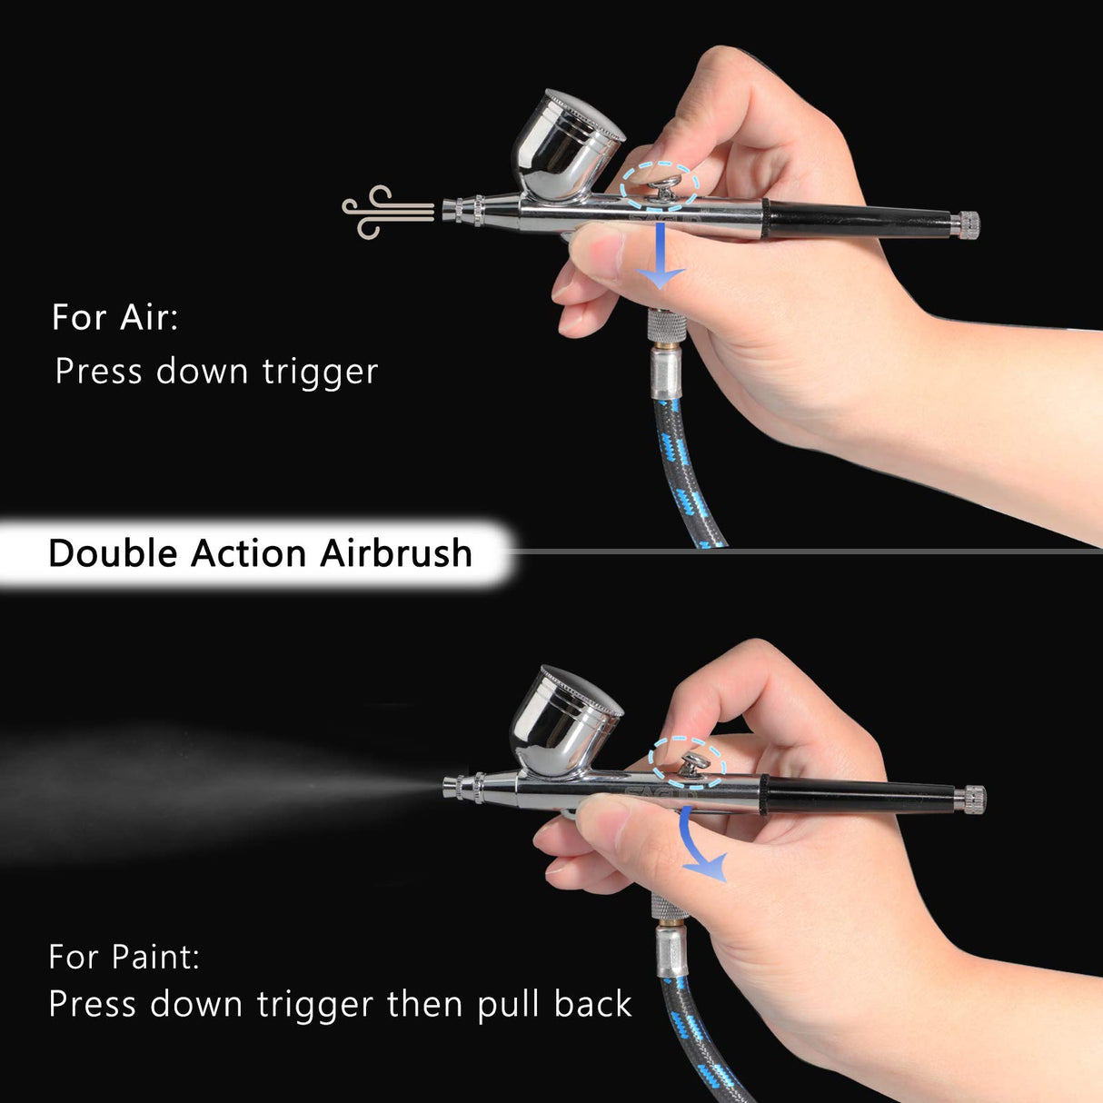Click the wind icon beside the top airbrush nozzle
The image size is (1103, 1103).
[385, 213]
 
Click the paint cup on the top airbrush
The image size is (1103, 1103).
[564, 148]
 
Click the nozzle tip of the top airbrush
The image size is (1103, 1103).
[450, 212]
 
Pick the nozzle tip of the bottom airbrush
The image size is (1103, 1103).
[451, 786]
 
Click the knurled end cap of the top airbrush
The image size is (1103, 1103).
[969, 224]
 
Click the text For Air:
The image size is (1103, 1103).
[114, 317]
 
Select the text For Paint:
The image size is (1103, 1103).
[124, 957]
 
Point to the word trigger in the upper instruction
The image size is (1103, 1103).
[320, 372]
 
